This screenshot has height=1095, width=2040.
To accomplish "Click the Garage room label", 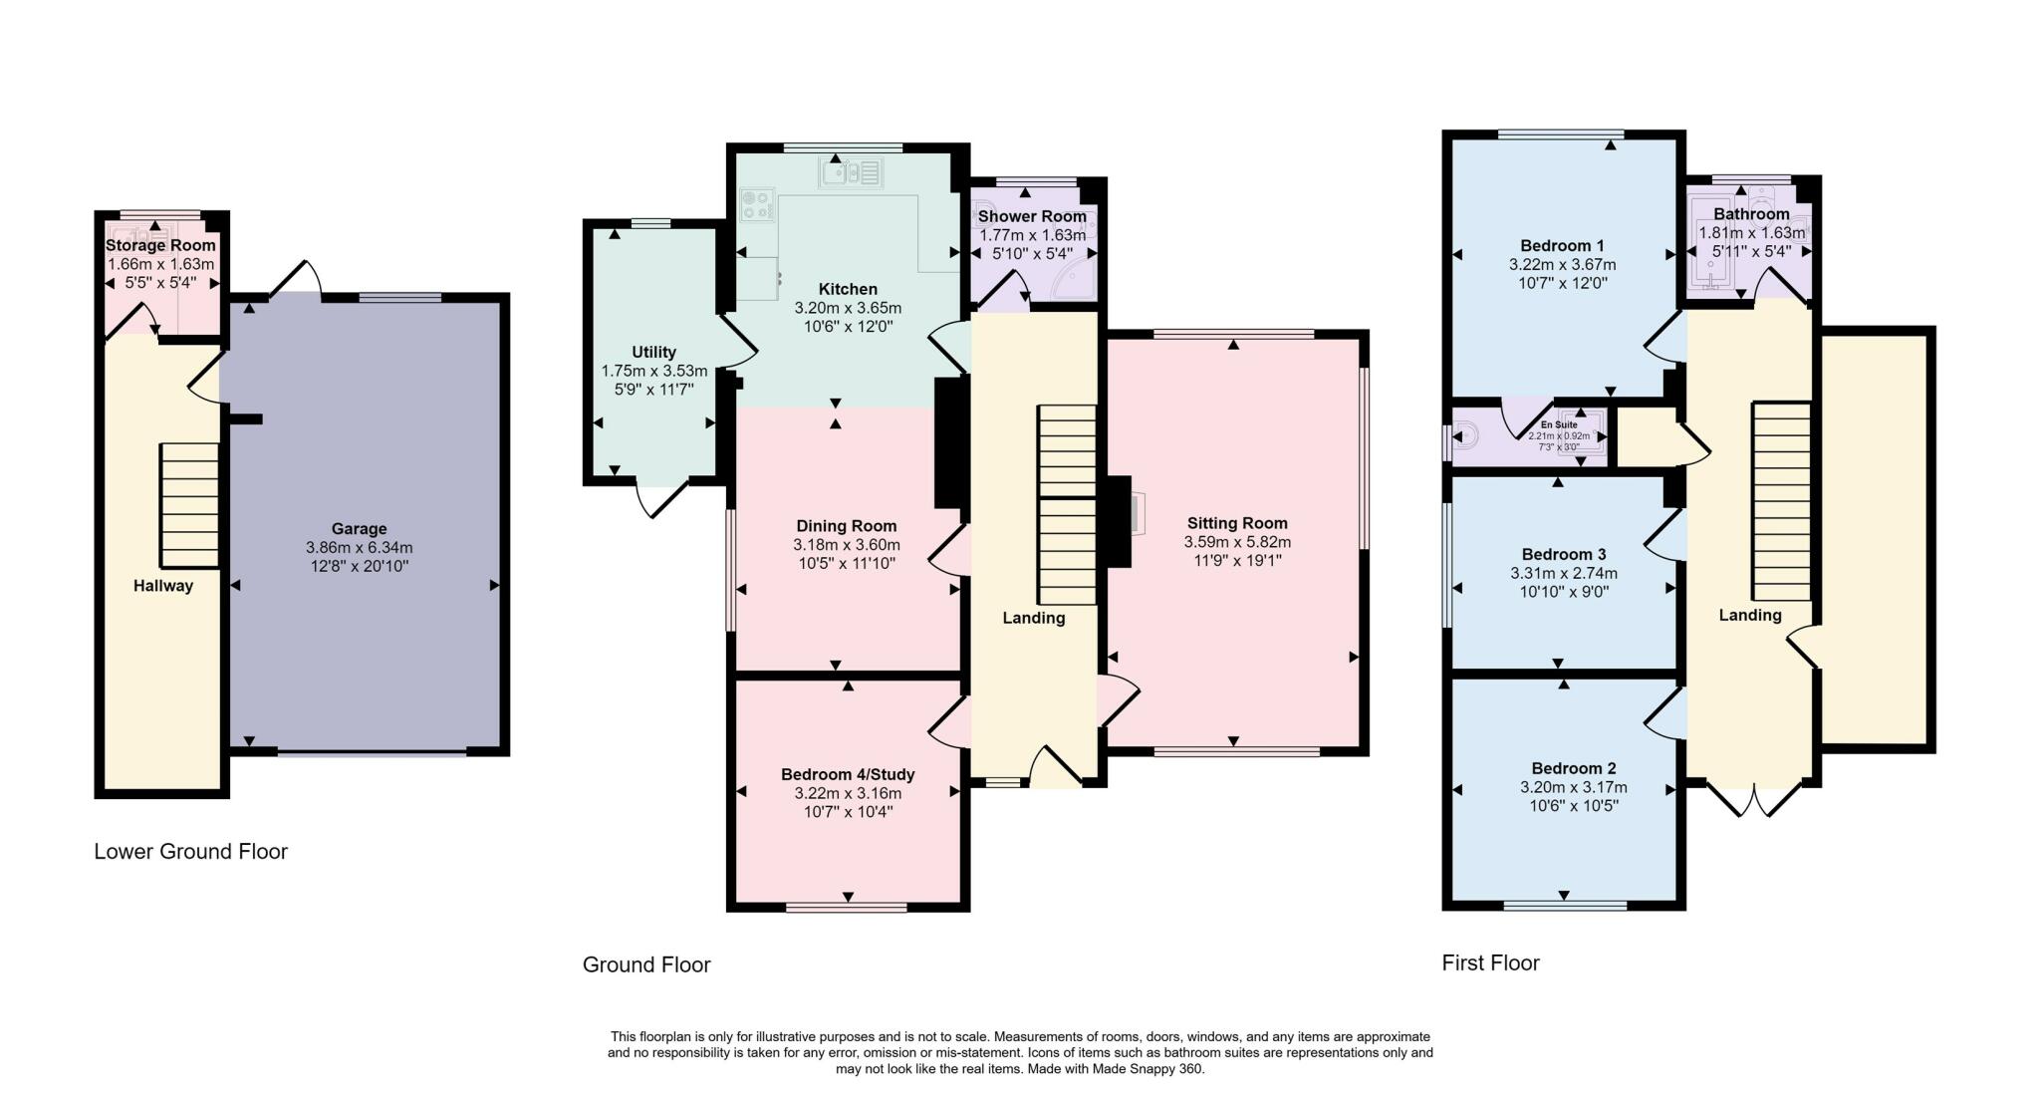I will [x=359, y=529].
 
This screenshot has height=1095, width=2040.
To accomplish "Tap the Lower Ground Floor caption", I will [x=190, y=852].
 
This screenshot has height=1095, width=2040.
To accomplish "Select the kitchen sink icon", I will [x=852, y=173].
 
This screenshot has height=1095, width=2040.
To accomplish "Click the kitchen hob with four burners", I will [x=757, y=205].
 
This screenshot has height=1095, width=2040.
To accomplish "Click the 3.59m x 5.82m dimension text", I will [x=1236, y=542].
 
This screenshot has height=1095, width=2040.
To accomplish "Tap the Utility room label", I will [x=653, y=352].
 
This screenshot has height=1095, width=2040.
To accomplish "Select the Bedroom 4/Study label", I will [x=847, y=774].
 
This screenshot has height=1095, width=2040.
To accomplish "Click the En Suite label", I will [x=1559, y=424].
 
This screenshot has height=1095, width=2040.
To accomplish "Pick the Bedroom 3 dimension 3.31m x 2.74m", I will [x=1563, y=573].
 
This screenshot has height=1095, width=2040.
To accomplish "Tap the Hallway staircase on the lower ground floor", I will [x=189, y=505].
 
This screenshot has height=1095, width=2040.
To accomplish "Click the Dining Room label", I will [x=846, y=526].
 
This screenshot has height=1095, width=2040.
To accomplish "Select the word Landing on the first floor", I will [x=1749, y=615].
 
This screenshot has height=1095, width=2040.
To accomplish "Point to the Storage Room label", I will [x=160, y=245].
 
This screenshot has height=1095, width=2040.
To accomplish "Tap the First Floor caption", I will [x=1490, y=962].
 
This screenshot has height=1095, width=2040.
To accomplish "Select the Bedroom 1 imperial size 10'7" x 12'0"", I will [x=1562, y=283].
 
